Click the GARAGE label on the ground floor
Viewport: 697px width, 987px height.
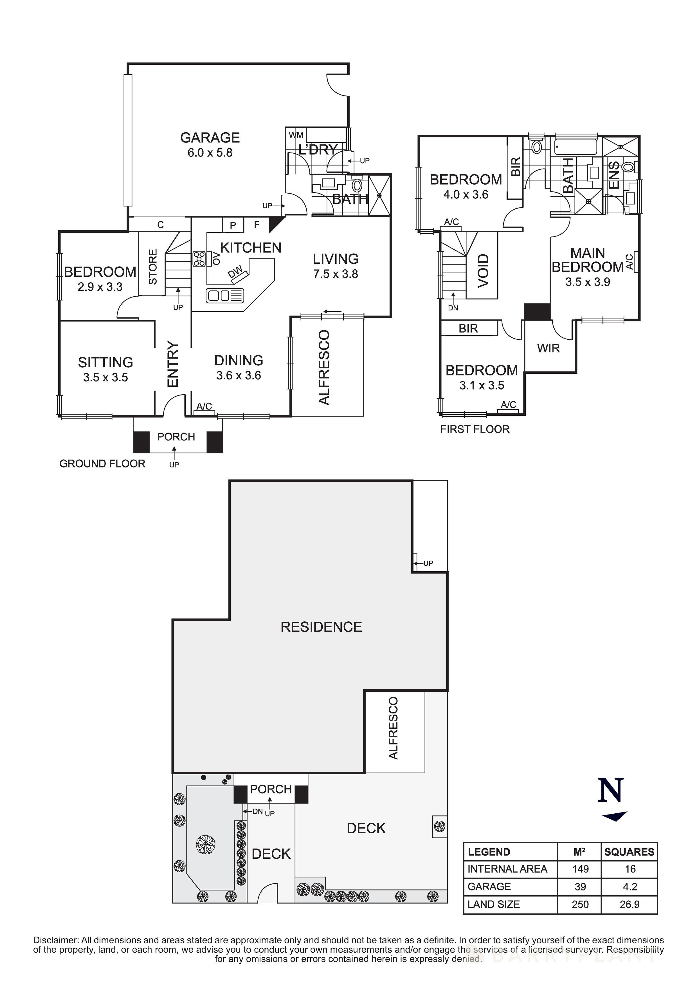[210, 138]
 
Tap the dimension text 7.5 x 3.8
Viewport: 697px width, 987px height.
[335, 274]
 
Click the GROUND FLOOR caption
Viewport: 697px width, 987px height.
[102, 464]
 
